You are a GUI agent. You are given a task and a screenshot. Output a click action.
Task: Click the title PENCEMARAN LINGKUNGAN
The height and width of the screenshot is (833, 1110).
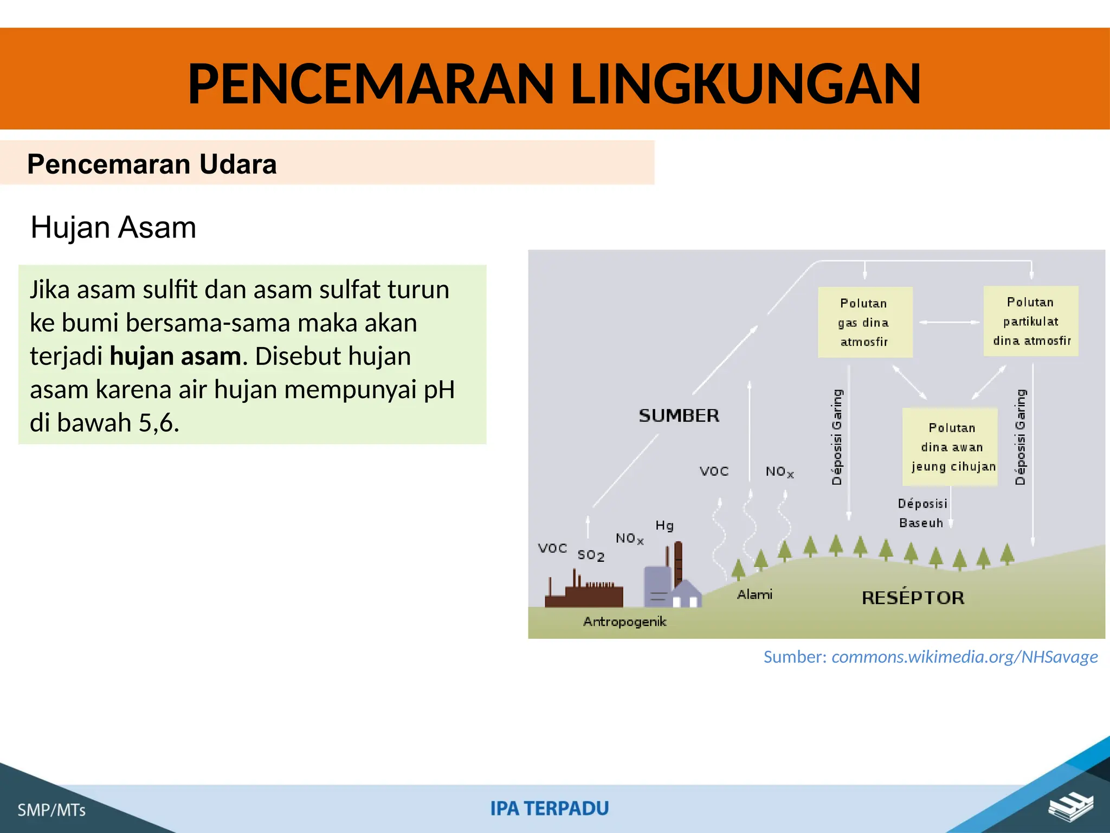click(x=554, y=84)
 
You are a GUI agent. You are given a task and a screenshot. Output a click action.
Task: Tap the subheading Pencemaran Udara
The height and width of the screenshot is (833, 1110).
click(x=152, y=164)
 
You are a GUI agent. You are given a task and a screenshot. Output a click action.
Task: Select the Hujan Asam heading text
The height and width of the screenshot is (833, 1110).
click(x=113, y=227)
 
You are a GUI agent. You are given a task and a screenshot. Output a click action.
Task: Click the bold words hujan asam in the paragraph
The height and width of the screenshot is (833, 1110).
click(x=175, y=357)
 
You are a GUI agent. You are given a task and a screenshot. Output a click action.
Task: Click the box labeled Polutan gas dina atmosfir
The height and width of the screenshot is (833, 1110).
click(x=864, y=322)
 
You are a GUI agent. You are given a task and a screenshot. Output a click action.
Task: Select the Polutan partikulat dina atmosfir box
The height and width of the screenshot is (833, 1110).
click(x=1030, y=321)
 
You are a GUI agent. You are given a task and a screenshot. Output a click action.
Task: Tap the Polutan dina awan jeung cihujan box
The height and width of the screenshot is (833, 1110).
click(x=951, y=447)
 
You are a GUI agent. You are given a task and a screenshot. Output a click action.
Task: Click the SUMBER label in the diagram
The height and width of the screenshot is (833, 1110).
click(x=679, y=416)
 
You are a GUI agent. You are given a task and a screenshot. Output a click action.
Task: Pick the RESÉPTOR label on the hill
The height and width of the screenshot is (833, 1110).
click(x=913, y=598)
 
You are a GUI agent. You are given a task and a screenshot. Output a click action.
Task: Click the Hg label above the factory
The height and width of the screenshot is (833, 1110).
click(x=664, y=526)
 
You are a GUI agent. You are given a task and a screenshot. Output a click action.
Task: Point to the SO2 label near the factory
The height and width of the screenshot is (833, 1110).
click(x=590, y=555)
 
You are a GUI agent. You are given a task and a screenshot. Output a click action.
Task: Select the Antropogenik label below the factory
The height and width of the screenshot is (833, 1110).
click(x=624, y=621)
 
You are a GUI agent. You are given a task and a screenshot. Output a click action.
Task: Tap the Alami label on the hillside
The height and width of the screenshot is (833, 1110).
click(x=754, y=594)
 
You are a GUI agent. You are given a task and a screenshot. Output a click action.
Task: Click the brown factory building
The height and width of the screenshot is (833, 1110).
click(x=584, y=594)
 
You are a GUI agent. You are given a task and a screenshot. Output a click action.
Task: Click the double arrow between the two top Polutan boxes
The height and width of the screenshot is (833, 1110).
click(x=948, y=323)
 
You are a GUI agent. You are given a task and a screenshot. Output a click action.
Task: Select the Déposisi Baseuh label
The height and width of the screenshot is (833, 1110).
click(x=921, y=513)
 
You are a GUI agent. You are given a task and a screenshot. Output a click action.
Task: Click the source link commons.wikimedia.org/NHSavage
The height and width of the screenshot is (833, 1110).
click(x=964, y=657)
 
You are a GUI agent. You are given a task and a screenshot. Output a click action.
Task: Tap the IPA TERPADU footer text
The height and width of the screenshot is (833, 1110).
click(x=550, y=808)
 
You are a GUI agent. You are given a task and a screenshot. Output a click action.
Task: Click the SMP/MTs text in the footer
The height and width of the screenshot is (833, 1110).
click(x=51, y=810)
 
